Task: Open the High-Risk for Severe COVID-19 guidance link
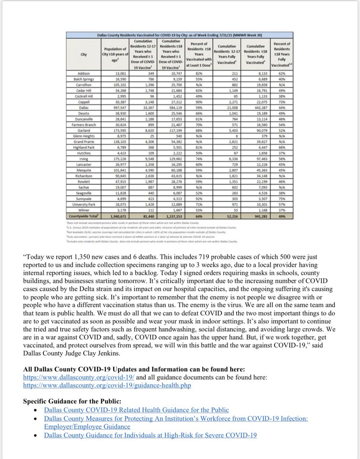(x=150, y=435)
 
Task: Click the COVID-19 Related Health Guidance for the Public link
(x=136, y=410)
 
